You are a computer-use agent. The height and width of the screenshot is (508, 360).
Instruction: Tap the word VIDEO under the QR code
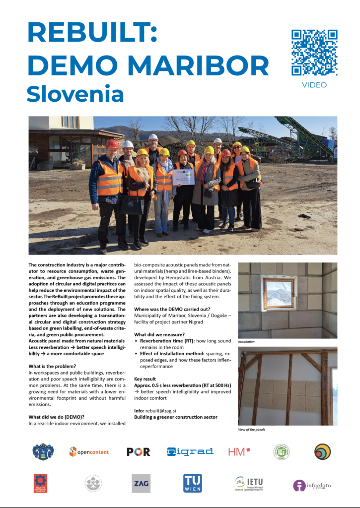pos(314,85)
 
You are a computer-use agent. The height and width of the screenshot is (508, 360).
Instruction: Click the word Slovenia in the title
pos(75,94)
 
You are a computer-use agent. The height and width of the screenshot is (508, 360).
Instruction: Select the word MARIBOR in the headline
pos(197,65)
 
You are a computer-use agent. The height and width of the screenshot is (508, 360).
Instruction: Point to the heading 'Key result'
pos(148,378)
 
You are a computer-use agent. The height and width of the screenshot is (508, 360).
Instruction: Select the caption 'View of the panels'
pos(252,430)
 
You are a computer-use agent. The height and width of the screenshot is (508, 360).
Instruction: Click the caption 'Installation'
pos(247,342)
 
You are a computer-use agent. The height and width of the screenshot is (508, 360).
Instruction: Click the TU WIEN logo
pos(193,483)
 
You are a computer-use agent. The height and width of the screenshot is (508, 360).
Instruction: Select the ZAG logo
pos(141,483)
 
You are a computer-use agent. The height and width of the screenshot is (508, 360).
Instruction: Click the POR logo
pos(138,451)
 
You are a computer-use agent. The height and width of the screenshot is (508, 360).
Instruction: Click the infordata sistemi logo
pos(312,485)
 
